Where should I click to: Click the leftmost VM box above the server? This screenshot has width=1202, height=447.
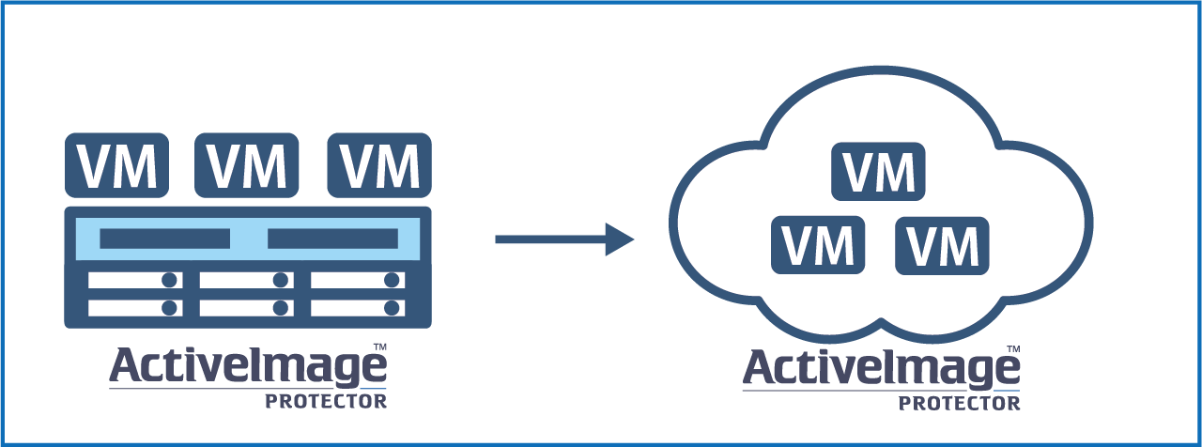click(x=116, y=164)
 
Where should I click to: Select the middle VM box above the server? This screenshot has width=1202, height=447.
click(x=247, y=164)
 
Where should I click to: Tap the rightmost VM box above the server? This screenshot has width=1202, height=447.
click(x=379, y=164)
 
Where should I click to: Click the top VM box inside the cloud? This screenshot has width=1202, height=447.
click(x=879, y=172)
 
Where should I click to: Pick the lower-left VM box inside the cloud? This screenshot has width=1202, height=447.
click(x=818, y=245)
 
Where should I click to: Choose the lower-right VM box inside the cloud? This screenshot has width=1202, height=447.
click(x=943, y=245)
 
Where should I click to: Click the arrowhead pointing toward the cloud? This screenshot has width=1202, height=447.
click(x=619, y=239)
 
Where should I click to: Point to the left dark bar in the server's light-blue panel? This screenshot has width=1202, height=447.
click(x=164, y=239)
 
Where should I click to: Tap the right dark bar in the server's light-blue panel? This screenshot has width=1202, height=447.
click(x=331, y=239)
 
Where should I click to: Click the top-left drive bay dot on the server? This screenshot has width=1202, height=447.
click(x=170, y=280)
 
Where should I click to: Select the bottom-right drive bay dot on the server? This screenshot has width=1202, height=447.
click(x=392, y=308)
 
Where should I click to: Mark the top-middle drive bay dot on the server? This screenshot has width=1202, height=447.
click(x=281, y=280)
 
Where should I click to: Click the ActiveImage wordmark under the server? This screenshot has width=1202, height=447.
click(x=246, y=367)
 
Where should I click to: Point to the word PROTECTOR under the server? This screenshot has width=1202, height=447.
click(x=325, y=401)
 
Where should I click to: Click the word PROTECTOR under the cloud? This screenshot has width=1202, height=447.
click(x=959, y=404)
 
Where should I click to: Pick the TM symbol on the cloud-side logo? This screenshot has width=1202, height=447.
click(x=1014, y=350)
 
